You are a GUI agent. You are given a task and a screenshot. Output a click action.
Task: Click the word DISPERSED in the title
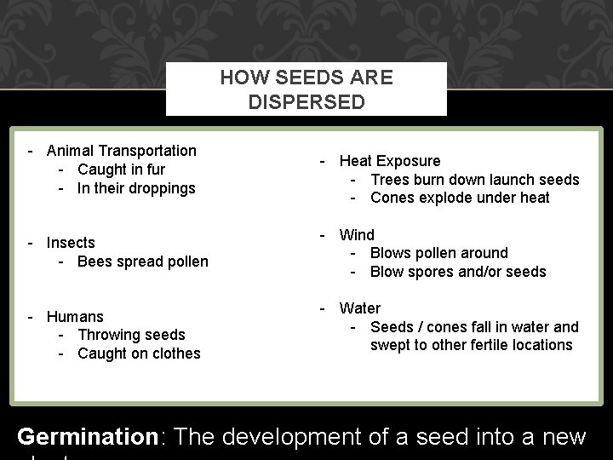tap(306, 101)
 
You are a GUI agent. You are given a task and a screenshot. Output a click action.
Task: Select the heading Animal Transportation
tap(121, 151)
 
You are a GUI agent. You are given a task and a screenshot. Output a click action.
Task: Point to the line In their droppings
tap(136, 188)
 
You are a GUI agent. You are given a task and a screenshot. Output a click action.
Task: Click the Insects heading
tap(71, 243)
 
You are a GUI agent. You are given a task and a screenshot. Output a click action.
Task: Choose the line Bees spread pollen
tap(142, 262)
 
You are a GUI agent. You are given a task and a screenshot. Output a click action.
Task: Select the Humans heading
tap(75, 317)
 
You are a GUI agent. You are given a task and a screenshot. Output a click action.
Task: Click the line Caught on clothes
tap(139, 354)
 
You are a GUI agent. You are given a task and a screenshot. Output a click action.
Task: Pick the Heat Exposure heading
tap(390, 161)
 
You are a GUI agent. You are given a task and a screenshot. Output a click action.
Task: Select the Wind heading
tap(357, 234)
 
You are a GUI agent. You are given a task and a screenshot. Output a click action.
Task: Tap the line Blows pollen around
tap(438, 253)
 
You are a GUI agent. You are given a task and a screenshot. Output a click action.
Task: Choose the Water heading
tap(360, 308)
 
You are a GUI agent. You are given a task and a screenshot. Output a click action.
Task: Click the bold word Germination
tap(88, 438)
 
